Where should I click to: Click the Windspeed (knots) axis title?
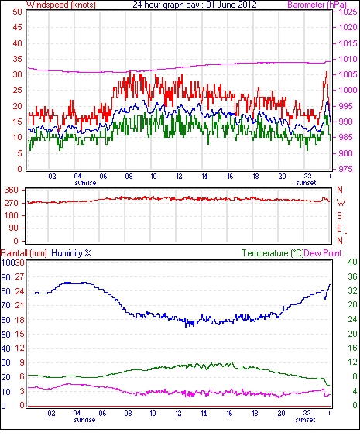61,5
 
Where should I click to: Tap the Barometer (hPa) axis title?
317,5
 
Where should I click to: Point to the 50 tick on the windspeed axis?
18,12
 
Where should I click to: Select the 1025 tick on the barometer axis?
348,12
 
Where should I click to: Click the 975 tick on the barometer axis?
345,169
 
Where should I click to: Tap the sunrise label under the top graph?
85,183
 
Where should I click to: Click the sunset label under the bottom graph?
305,419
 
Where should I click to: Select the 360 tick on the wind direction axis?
11,191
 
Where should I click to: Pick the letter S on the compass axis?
339,215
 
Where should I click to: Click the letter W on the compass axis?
341,203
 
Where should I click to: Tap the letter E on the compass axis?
339,228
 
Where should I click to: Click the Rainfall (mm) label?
23,253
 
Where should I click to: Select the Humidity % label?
71,253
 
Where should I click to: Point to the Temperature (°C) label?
273,253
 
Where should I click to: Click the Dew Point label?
323,253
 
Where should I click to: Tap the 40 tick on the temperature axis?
352,262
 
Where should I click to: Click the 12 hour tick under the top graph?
179,177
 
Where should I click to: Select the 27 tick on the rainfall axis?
20,277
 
